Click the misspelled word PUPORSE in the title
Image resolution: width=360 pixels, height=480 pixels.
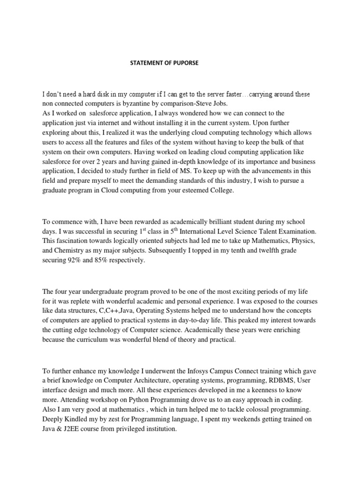[x=186, y=63]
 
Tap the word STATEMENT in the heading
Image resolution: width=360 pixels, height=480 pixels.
[x=142, y=63]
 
